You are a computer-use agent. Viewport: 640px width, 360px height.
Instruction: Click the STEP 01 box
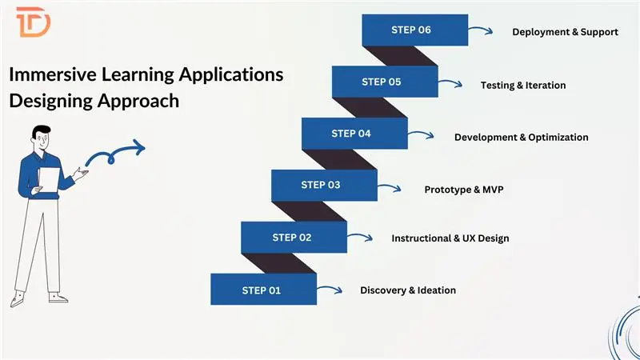click(x=262, y=290)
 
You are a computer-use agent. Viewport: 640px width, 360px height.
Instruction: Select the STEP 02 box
click(x=293, y=238)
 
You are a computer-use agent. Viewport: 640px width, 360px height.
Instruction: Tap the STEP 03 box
click(x=322, y=186)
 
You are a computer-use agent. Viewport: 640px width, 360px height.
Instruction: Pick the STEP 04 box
click(x=353, y=134)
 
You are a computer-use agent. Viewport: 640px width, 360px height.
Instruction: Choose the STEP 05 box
click(x=383, y=82)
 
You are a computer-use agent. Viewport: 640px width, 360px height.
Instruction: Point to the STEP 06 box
click(x=414, y=30)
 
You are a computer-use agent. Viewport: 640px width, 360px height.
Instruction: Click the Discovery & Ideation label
click(x=408, y=290)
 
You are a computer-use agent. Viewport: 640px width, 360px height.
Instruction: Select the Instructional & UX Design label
click(x=450, y=238)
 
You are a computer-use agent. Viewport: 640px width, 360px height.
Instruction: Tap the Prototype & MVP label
click(x=464, y=190)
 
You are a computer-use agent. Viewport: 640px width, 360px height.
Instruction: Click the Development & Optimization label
click(x=521, y=138)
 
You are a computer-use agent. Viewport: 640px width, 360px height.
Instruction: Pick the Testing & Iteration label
click(x=522, y=86)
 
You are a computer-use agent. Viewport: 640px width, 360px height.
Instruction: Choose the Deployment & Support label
click(x=565, y=33)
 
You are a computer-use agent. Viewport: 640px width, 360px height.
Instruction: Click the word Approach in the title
click(x=141, y=102)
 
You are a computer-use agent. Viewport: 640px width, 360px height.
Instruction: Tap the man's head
click(x=41, y=135)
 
